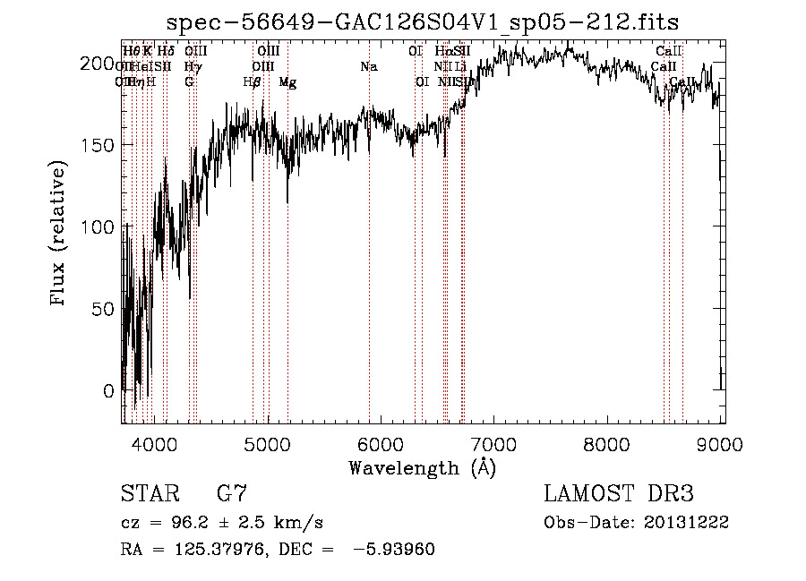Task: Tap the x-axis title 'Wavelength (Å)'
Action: (423, 467)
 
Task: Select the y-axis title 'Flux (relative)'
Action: (60, 235)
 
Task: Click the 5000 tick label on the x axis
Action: (268, 442)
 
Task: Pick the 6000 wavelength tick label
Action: (382, 442)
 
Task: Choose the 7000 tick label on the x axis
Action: (495, 442)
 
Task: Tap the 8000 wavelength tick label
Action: (609, 442)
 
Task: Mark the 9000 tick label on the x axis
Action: (722, 442)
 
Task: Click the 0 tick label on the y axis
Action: (107, 391)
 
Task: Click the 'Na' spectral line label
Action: (368, 67)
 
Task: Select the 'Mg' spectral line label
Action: (287, 82)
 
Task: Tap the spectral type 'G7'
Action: (232, 494)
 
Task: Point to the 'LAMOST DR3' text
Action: (619, 494)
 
